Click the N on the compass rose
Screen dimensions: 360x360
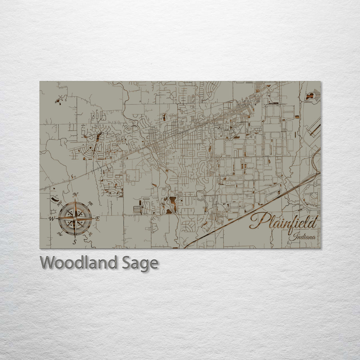tap(75, 195)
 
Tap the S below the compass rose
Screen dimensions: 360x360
tap(75, 242)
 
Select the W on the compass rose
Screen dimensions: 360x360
tap(52, 219)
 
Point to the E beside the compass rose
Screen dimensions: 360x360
tap(98, 219)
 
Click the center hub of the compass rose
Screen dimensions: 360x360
tap(75, 219)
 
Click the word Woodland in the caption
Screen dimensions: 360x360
tap(78, 263)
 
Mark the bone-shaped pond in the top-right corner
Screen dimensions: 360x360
tap(310, 96)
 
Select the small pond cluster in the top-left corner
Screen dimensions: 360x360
tap(59, 99)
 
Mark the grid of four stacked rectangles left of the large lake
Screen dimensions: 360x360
tap(137, 209)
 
